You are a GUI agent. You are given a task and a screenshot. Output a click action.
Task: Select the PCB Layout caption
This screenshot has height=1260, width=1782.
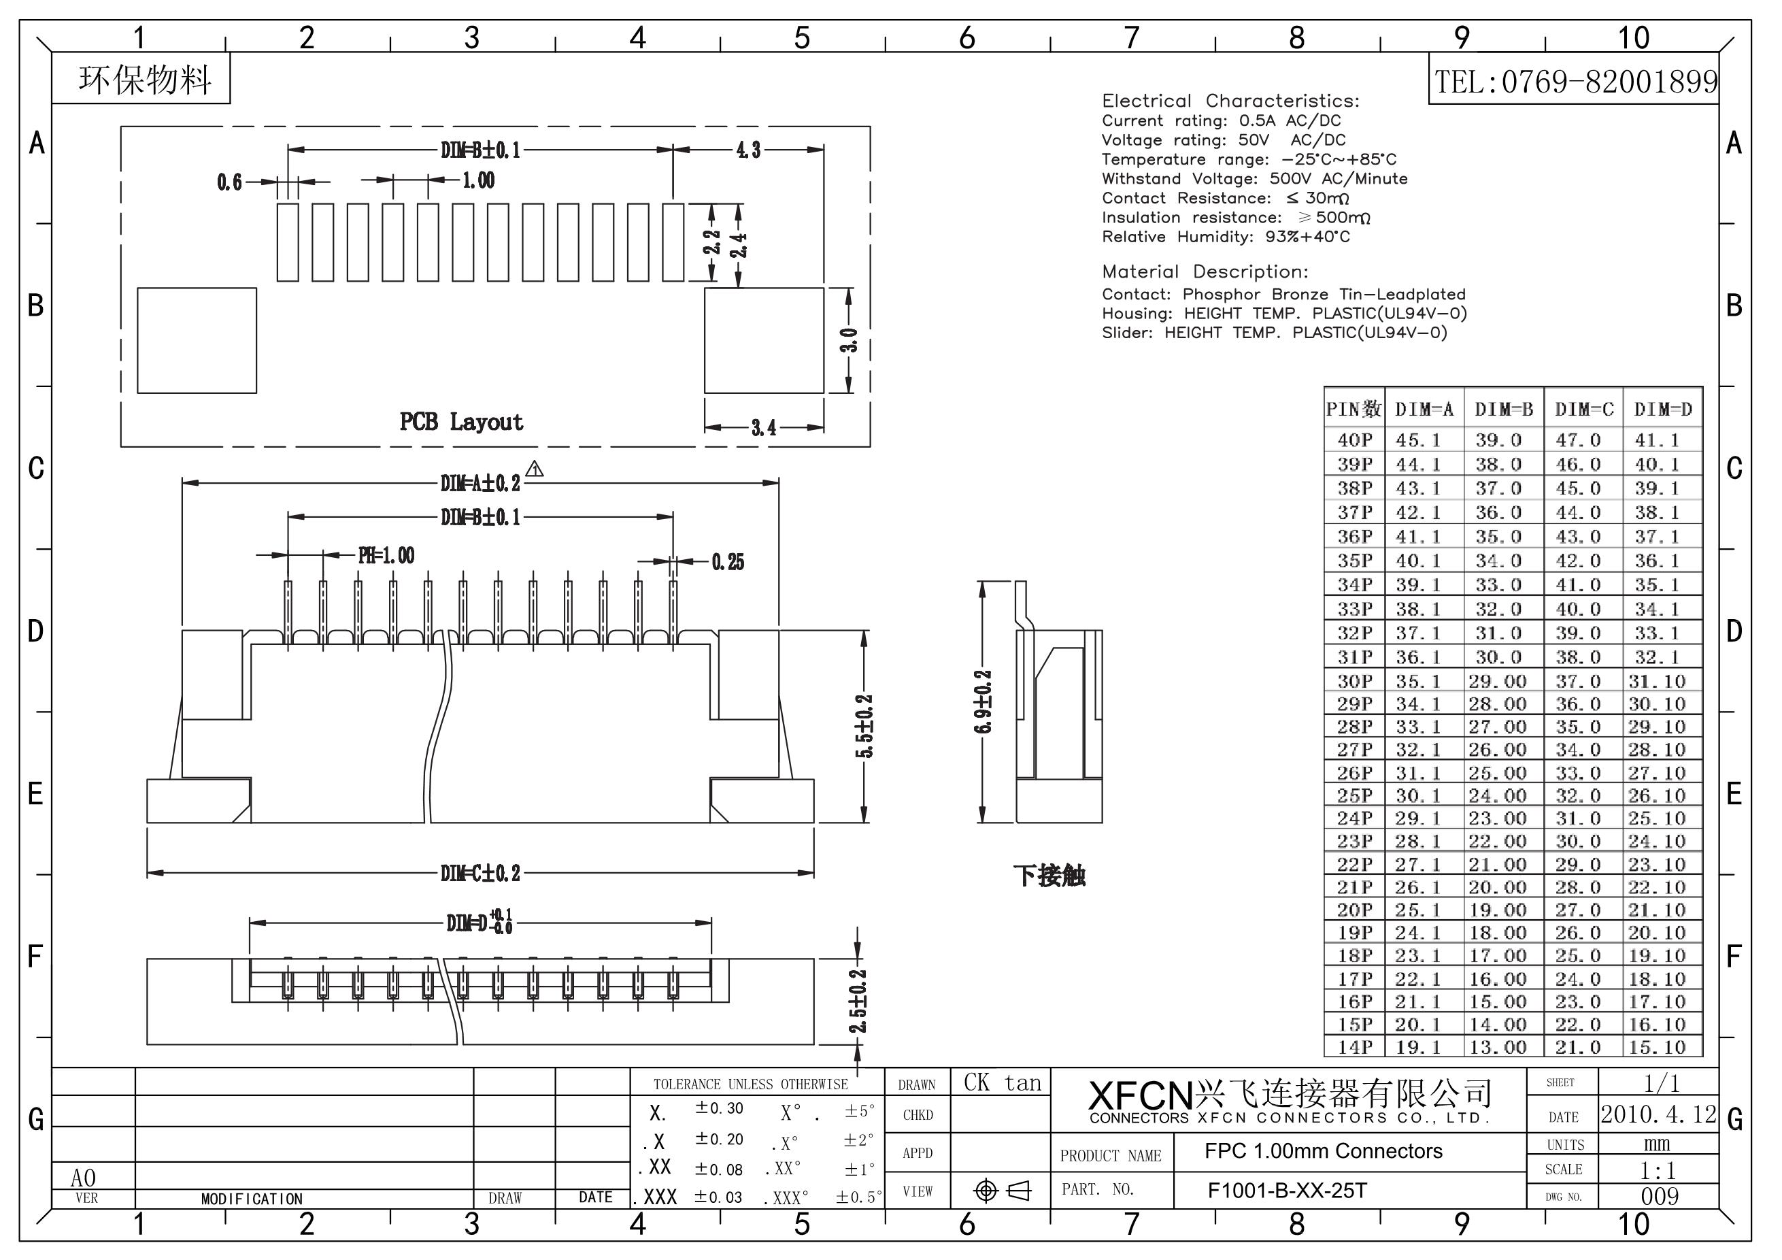click(461, 422)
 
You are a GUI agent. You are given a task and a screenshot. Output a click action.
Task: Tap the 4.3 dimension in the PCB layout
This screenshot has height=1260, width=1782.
click(748, 150)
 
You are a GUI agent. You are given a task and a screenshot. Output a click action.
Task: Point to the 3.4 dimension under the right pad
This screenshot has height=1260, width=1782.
click(764, 427)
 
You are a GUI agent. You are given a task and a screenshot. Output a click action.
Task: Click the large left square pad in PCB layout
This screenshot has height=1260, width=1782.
click(197, 340)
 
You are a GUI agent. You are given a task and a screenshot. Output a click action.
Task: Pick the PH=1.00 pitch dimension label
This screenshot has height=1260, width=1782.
click(386, 555)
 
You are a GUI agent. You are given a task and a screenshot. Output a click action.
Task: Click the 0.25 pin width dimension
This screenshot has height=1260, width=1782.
click(727, 561)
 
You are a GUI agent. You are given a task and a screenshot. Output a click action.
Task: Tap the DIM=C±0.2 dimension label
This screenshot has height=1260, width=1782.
click(480, 873)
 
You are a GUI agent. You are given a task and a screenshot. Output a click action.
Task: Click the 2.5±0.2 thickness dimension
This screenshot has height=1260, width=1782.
click(858, 1001)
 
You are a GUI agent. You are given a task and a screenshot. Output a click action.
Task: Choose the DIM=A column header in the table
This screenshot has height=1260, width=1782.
click(1424, 409)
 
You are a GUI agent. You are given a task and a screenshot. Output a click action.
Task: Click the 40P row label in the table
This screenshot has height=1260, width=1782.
click(1354, 440)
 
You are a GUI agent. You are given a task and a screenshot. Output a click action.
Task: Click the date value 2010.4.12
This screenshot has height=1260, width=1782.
click(1659, 1114)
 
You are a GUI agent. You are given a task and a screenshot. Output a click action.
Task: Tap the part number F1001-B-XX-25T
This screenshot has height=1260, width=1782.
click(1287, 1190)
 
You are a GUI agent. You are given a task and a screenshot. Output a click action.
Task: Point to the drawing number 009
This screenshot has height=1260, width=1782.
click(1660, 1196)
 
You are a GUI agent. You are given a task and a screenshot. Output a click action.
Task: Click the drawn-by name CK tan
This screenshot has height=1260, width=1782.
click(1002, 1083)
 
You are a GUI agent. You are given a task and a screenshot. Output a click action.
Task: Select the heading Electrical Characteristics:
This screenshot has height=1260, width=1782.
click(1230, 101)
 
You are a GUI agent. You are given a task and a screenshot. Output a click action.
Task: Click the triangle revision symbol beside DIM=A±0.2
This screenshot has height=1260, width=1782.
click(535, 469)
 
